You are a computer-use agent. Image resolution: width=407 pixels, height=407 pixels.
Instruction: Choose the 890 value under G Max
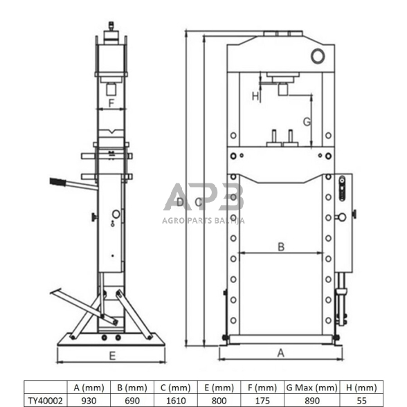click(311, 400)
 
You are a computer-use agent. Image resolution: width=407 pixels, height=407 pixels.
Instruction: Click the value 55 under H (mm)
click(361, 400)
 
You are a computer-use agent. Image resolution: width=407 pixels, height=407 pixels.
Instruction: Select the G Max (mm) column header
click(311, 388)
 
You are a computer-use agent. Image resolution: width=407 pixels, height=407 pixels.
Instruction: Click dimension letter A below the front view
click(280, 353)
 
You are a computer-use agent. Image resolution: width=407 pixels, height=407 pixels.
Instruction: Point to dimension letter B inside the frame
click(281, 246)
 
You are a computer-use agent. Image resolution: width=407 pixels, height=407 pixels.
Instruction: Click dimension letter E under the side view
click(111, 356)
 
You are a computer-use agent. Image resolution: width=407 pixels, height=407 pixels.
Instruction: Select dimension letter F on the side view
click(111, 104)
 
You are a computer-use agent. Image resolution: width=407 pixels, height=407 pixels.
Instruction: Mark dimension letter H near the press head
click(255, 97)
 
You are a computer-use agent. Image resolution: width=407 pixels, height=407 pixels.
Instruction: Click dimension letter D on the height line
click(179, 202)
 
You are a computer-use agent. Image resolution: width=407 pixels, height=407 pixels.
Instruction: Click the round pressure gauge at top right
click(318, 55)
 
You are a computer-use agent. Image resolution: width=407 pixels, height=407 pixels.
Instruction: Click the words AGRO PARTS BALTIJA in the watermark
click(203, 221)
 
